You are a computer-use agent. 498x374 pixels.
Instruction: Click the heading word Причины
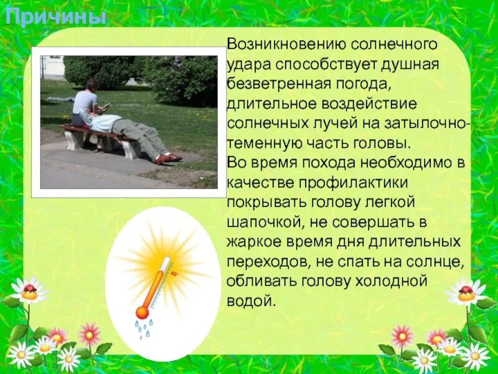pos(55,17)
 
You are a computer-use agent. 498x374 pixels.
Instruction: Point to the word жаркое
pos(258,242)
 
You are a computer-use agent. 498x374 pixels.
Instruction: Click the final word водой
pos(251,302)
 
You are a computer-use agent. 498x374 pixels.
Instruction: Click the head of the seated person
pos(92,85)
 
